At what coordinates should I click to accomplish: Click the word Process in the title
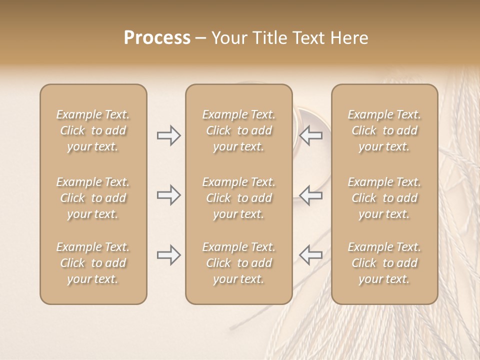(157, 38)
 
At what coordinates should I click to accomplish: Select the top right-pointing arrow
(169, 135)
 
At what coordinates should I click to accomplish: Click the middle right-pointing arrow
(169, 195)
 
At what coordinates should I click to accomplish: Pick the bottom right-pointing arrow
(169, 255)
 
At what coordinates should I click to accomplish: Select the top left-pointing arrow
(310, 135)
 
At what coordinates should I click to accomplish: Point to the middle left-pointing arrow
(310, 195)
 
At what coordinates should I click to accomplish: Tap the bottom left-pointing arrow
(310, 255)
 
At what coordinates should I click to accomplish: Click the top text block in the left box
(93, 130)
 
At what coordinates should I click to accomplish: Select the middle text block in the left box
(93, 198)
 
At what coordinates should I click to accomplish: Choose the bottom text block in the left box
(93, 263)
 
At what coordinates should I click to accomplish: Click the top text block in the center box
(239, 130)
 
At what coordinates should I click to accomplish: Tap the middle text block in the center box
(239, 198)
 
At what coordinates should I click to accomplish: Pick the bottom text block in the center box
(239, 263)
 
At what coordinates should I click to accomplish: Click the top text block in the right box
(384, 130)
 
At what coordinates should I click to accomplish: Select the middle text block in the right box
(384, 198)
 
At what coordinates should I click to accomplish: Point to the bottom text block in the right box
(384, 263)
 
